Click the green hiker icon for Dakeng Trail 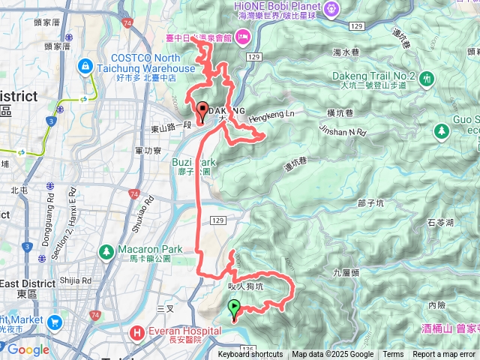[427, 77]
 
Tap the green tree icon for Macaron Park [106, 250]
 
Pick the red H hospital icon [138, 331]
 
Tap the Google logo [28, 349]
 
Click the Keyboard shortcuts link [250, 355]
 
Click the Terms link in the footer [393, 355]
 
